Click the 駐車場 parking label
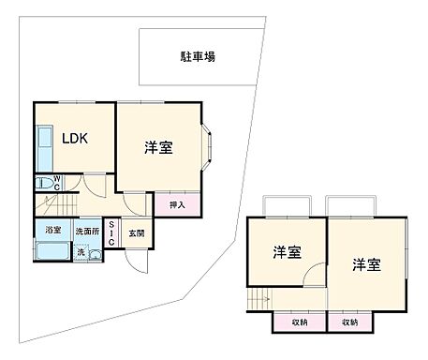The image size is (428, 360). (x=198, y=56)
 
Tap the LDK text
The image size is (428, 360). (x=75, y=138)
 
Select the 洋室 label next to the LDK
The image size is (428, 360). (x=158, y=147)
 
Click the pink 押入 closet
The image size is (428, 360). (x=178, y=205)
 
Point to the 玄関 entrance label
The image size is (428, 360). (x=135, y=232)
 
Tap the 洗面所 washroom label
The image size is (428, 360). (x=87, y=231)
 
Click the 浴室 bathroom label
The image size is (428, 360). (x=52, y=230)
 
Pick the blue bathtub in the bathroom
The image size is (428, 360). (x=52, y=252)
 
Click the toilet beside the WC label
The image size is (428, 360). (x=43, y=184)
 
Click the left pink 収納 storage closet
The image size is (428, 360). (x=298, y=322)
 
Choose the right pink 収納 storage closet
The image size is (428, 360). (x=349, y=322)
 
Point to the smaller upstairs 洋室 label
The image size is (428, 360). (x=287, y=252)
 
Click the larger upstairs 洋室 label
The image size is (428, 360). (x=367, y=263)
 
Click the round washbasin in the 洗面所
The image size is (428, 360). (x=94, y=254)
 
